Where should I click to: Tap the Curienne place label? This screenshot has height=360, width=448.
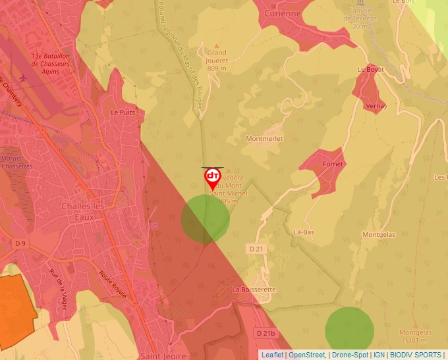pyautogui.click(x=282, y=13)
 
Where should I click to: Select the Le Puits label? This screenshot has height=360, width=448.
pyautogui.click(x=123, y=113)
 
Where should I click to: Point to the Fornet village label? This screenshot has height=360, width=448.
pyautogui.click(x=333, y=164)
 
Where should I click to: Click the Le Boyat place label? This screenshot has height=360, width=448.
pyautogui.click(x=370, y=69)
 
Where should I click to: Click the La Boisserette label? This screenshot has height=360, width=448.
pyautogui.click(x=254, y=290)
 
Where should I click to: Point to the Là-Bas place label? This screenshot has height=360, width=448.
pyautogui.click(x=303, y=232)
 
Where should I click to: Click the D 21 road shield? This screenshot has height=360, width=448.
pyautogui.click(x=256, y=249)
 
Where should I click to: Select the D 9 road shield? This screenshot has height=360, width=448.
pyautogui.click(x=20, y=244)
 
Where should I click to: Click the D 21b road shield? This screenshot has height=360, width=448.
pyautogui.click(x=265, y=334)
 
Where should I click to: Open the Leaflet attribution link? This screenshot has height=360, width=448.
pyautogui.click(x=272, y=355)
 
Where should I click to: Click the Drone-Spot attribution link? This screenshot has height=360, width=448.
pyautogui.click(x=350, y=355)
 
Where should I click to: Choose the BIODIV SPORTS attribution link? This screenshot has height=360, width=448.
pyautogui.click(x=415, y=355)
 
